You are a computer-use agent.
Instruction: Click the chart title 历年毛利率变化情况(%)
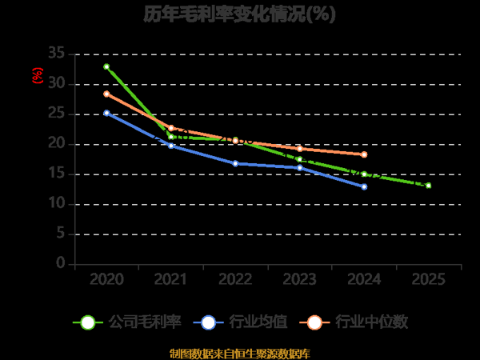tap(240, 14)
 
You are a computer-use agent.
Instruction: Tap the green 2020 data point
tap(106, 66)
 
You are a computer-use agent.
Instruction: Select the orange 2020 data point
tap(106, 94)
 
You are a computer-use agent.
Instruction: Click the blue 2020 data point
tap(106, 113)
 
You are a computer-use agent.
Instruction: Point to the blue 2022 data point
tap(235, 163)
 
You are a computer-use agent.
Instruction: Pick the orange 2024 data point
tap(364, 154)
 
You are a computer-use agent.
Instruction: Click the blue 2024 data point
tap(364, 186)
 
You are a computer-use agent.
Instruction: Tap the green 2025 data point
tap(429, 186)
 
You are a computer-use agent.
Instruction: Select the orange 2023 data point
tap(300, 149)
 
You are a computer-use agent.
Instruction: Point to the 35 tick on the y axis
tap(56, 54)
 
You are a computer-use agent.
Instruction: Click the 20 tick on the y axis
tap(56, 144)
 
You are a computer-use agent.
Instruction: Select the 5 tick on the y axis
tap(60, 234)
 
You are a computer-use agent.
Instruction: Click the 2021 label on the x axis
tap(170, 279)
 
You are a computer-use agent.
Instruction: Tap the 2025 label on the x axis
tap(429, 279)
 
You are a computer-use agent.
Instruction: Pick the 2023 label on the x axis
tap(300, 279)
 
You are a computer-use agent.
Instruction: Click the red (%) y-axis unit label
tap(37, 76)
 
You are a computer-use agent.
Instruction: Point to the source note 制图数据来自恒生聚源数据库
tap(240, 353)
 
